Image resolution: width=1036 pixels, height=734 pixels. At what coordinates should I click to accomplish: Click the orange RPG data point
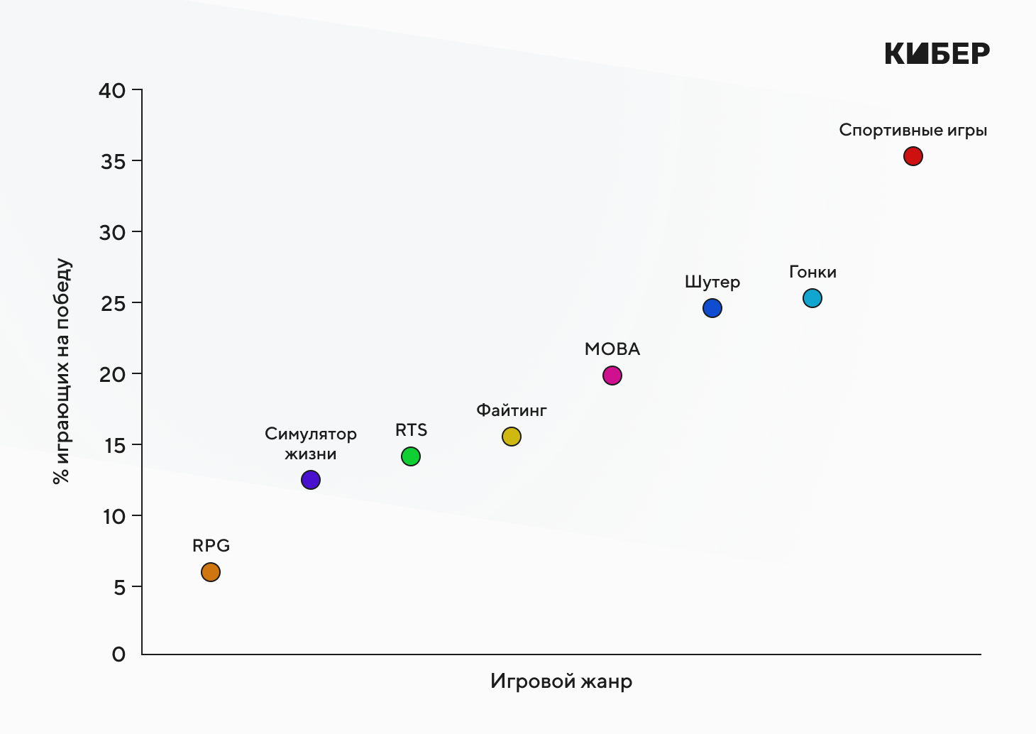click(x=211, y=572)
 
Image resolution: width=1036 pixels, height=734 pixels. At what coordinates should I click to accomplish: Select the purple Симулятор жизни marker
click(x=311, y=480)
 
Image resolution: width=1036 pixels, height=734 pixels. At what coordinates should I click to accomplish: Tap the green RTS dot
click(x=411, y=456)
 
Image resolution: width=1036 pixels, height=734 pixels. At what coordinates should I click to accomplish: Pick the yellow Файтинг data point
click(x=512, y=437)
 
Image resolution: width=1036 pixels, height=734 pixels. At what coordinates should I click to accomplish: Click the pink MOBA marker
click(x=612, y=376)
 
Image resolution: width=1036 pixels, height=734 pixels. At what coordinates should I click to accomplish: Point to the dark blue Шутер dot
click(x=712, y=308)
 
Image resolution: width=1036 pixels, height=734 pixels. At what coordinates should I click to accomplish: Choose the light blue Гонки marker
click(x=812, y=298)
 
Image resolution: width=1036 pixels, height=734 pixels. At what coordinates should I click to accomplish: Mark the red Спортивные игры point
click(x=913, y=156)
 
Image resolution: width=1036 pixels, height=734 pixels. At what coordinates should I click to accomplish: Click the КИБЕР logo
click(x=937, y=53)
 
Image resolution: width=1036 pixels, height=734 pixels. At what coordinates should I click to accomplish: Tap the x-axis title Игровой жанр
click(x=561, y=681)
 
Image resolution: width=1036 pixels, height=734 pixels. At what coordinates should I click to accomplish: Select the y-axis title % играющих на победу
click(x=62, y=371)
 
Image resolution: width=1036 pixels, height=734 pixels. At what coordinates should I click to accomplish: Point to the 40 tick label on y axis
click(x=112, y=91)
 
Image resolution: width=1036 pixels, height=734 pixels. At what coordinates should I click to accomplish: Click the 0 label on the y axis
click(x=119, y=654)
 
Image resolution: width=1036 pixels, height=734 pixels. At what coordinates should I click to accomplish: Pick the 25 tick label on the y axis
click(x=112, y=304)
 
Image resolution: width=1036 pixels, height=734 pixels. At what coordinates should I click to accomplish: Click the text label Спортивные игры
click(x=913, y=131)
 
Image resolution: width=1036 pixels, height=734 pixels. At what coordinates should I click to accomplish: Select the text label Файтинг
click(x=512, y=410)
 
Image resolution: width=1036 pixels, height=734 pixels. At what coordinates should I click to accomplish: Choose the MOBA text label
click(x=612, y=349)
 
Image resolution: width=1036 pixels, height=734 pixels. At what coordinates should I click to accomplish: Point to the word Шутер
click(x=712, y=283)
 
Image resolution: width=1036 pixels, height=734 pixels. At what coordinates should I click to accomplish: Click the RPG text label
click(x=211, y=546)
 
